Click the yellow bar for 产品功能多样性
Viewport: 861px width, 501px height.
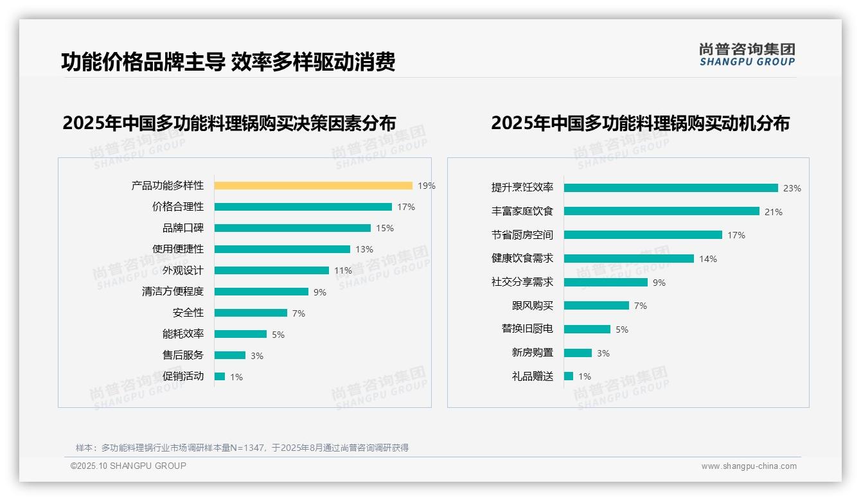point(313,186)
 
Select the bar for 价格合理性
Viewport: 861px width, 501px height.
point(303,207)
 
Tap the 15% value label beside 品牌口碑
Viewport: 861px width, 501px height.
point(385,228)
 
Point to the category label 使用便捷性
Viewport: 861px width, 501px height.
point(178,249)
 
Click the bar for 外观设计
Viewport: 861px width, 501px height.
point(271,270)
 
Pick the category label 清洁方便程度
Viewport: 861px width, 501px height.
point(173,291)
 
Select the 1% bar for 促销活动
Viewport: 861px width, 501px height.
point(220,376)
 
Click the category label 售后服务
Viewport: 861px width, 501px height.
point(183,355)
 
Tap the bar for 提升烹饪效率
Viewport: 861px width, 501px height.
point(671,188)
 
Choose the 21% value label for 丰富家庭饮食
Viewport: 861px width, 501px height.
point(774,212)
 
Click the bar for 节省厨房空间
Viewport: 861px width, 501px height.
point(643,235)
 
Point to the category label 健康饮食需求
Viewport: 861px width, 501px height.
point(522,258)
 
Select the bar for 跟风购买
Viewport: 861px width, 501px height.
point(596,306)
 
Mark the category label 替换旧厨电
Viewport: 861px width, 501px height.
point(528,328)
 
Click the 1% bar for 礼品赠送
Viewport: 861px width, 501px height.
point(569,376)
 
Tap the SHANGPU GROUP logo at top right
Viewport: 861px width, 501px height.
point(747,54)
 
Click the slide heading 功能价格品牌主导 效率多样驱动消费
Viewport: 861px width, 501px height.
point(228,62)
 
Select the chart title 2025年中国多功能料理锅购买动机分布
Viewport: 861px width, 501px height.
point(640,123)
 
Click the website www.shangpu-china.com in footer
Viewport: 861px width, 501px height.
point(749,466)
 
